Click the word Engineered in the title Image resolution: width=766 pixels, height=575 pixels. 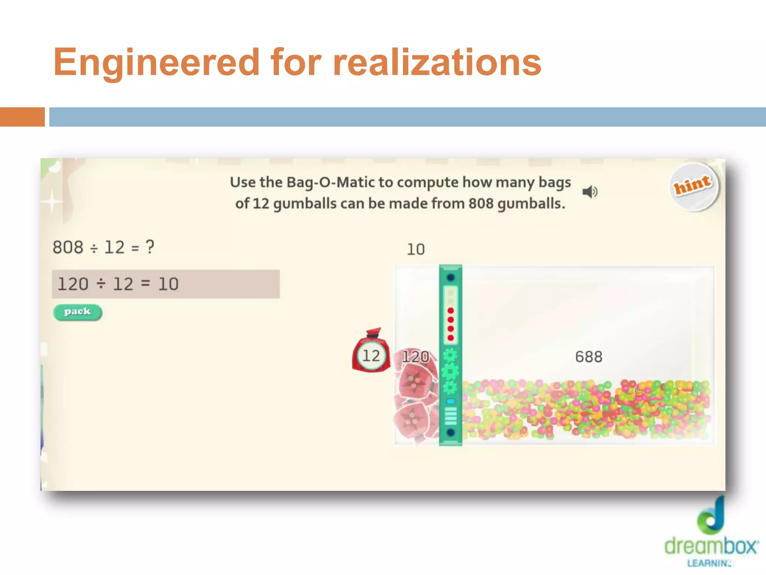(x=156, y=62)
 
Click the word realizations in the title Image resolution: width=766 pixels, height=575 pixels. (x=437, y=62)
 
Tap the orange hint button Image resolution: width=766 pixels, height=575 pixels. (x=693, y=186)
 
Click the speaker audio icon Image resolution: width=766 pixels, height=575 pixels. (x=590, y=192)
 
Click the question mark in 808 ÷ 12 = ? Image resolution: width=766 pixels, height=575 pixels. (x=150, y=247)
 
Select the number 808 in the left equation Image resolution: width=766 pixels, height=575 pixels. (x=68, y=247)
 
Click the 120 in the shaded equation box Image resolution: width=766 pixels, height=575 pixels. (x=73, y=284)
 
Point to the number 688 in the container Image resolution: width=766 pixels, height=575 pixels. (x=589, y=357)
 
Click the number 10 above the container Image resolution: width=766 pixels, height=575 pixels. (x=416, y=250)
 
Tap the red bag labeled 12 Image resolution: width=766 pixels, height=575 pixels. (x=371, y=354)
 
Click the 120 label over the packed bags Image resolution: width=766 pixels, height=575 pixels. (x=416, y=357)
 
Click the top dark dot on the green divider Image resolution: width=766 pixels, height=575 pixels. (x=451, y=277)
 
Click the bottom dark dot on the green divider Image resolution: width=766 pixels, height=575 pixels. (x=451, y=432)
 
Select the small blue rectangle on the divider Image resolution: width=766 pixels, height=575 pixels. (x=451, y=401)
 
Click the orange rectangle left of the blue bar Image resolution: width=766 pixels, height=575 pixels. (x=22, y=117)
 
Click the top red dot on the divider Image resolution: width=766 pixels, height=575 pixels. (x=451, y=311)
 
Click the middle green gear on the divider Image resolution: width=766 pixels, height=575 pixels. (x=450, y=372)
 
